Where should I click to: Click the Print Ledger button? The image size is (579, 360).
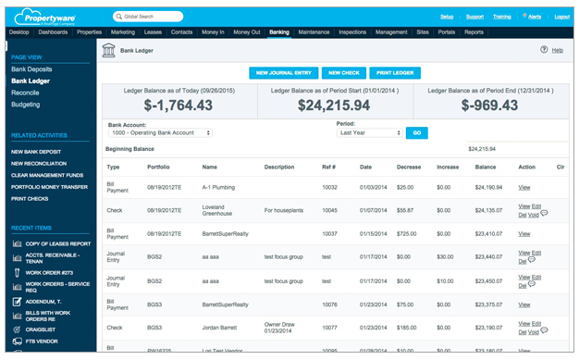[394, 73]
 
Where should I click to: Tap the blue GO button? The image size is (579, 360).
[416, 133]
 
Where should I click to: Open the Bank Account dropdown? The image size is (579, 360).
[160, 133]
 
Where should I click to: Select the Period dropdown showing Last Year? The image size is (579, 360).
[368, 133]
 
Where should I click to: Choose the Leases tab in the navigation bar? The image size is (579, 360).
[153, 32]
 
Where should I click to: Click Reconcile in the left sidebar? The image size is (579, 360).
[25, 93]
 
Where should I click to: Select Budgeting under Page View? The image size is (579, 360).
[26, 105]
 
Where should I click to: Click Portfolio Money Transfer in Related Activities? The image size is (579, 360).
[49, 187]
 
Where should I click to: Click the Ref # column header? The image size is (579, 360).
[329, 168]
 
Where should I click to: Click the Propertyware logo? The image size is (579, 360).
[55, 16]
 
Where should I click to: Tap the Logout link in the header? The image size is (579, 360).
[561, 17]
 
